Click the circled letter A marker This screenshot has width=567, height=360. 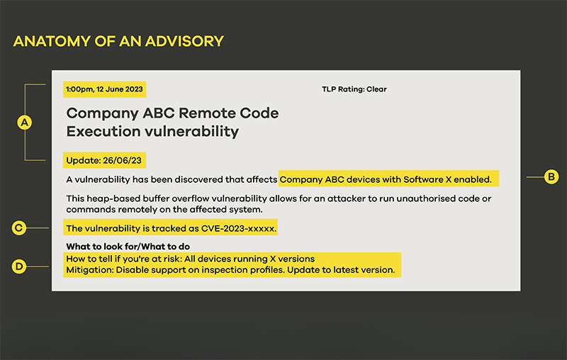[x=25, y=123]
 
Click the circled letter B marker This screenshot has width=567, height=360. [x=551, y=176]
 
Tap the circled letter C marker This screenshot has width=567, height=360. [x=19, y=228]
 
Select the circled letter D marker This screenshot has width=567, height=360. [x=19, y=266]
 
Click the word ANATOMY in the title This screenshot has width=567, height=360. [x=52, y=41]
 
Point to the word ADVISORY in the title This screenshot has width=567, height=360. [x=184, y=41]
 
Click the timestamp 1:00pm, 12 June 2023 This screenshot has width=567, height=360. [x=104, y=89]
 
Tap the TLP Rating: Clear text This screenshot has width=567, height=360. [x=354, y=89]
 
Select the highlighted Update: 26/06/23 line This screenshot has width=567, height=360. [x=104, y=160]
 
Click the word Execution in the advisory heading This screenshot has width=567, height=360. [x=103, y=131]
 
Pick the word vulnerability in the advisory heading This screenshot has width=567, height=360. [x=192, y=132]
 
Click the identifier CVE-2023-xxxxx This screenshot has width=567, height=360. [x=239, y=228]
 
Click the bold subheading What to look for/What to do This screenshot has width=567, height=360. [x=128, y=247]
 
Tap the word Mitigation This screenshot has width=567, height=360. [x=89, y=270]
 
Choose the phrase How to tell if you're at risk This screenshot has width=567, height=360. [x=123, y=259]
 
